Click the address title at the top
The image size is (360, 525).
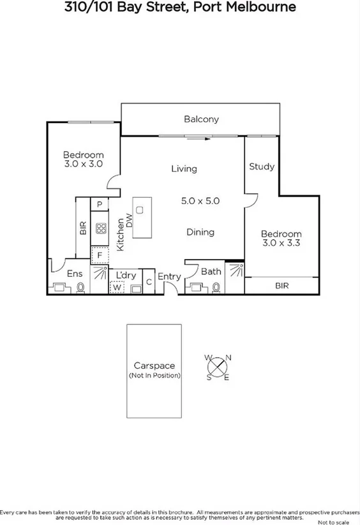pyautogui.click(x=179, y=8)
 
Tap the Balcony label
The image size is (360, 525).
pyautogui.click(x=201, y=119)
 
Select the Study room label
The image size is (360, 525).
pyautogui.click(x=261, y=166)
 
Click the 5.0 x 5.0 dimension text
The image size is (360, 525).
pyautogui.click(x=200, y=200)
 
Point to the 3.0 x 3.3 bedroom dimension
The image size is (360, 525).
pyautogui.click(x=281, y=243)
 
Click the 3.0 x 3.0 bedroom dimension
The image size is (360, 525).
pyautogui.click(x=83, y=164)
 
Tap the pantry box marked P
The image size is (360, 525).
pyautogui.click(x=100, y=204)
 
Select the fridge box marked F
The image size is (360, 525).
pyautogui.click(x=100, y=255)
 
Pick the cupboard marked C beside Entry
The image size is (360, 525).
pyautogui.click(x=148, y=281)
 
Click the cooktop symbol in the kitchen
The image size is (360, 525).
pyautogui.click(x=100, y=229)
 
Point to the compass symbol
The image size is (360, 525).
pyautogui.click(x=218, y=367)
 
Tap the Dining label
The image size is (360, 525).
pyautogui.click(x=200, y=232)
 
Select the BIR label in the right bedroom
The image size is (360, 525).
pyautogui.click(x=281, y=286)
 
